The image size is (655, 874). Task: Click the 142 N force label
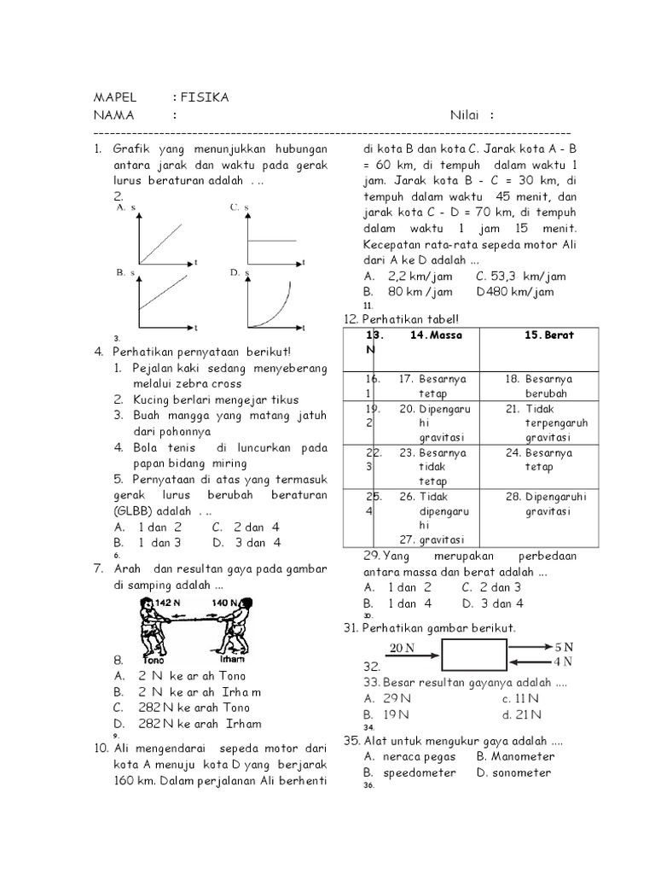tap(169, 603)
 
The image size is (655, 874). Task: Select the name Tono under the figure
tap(154, 659)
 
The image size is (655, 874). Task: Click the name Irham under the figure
tap(232, 659)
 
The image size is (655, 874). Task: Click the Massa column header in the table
tap(436, 335)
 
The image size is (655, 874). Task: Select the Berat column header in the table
tap(550, 335)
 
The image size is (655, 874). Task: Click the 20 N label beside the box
tap(402, 648)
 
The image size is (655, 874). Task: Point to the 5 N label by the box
tap(563, 646)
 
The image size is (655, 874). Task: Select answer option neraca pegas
tap(420, 756)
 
